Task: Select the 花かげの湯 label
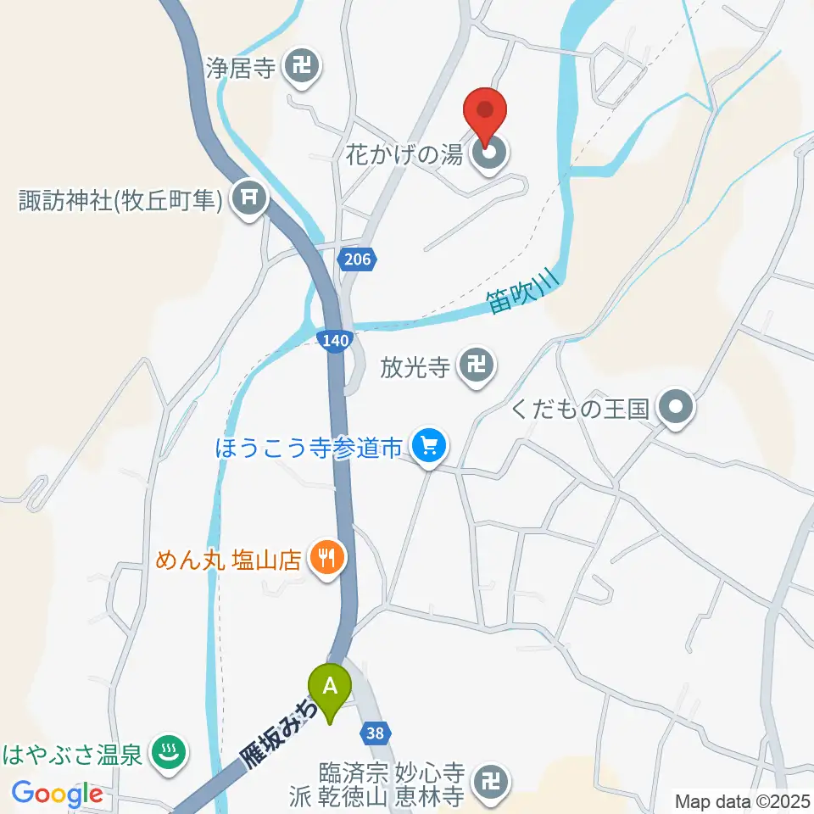pos(404,156)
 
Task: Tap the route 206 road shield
pos(358,259)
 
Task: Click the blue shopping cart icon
pos(429,445)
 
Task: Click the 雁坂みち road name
pos(276,730)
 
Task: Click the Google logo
pos(57,794)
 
